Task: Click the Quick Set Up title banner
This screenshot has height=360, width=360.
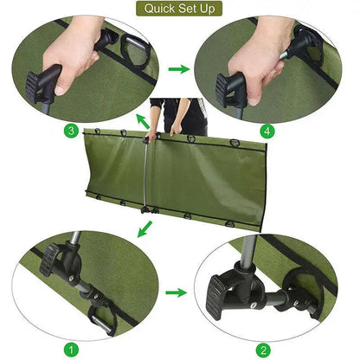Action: point(180,9)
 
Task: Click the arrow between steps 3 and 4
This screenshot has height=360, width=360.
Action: point(179,67)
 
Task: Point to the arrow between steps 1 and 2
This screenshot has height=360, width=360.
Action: point(176,292)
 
